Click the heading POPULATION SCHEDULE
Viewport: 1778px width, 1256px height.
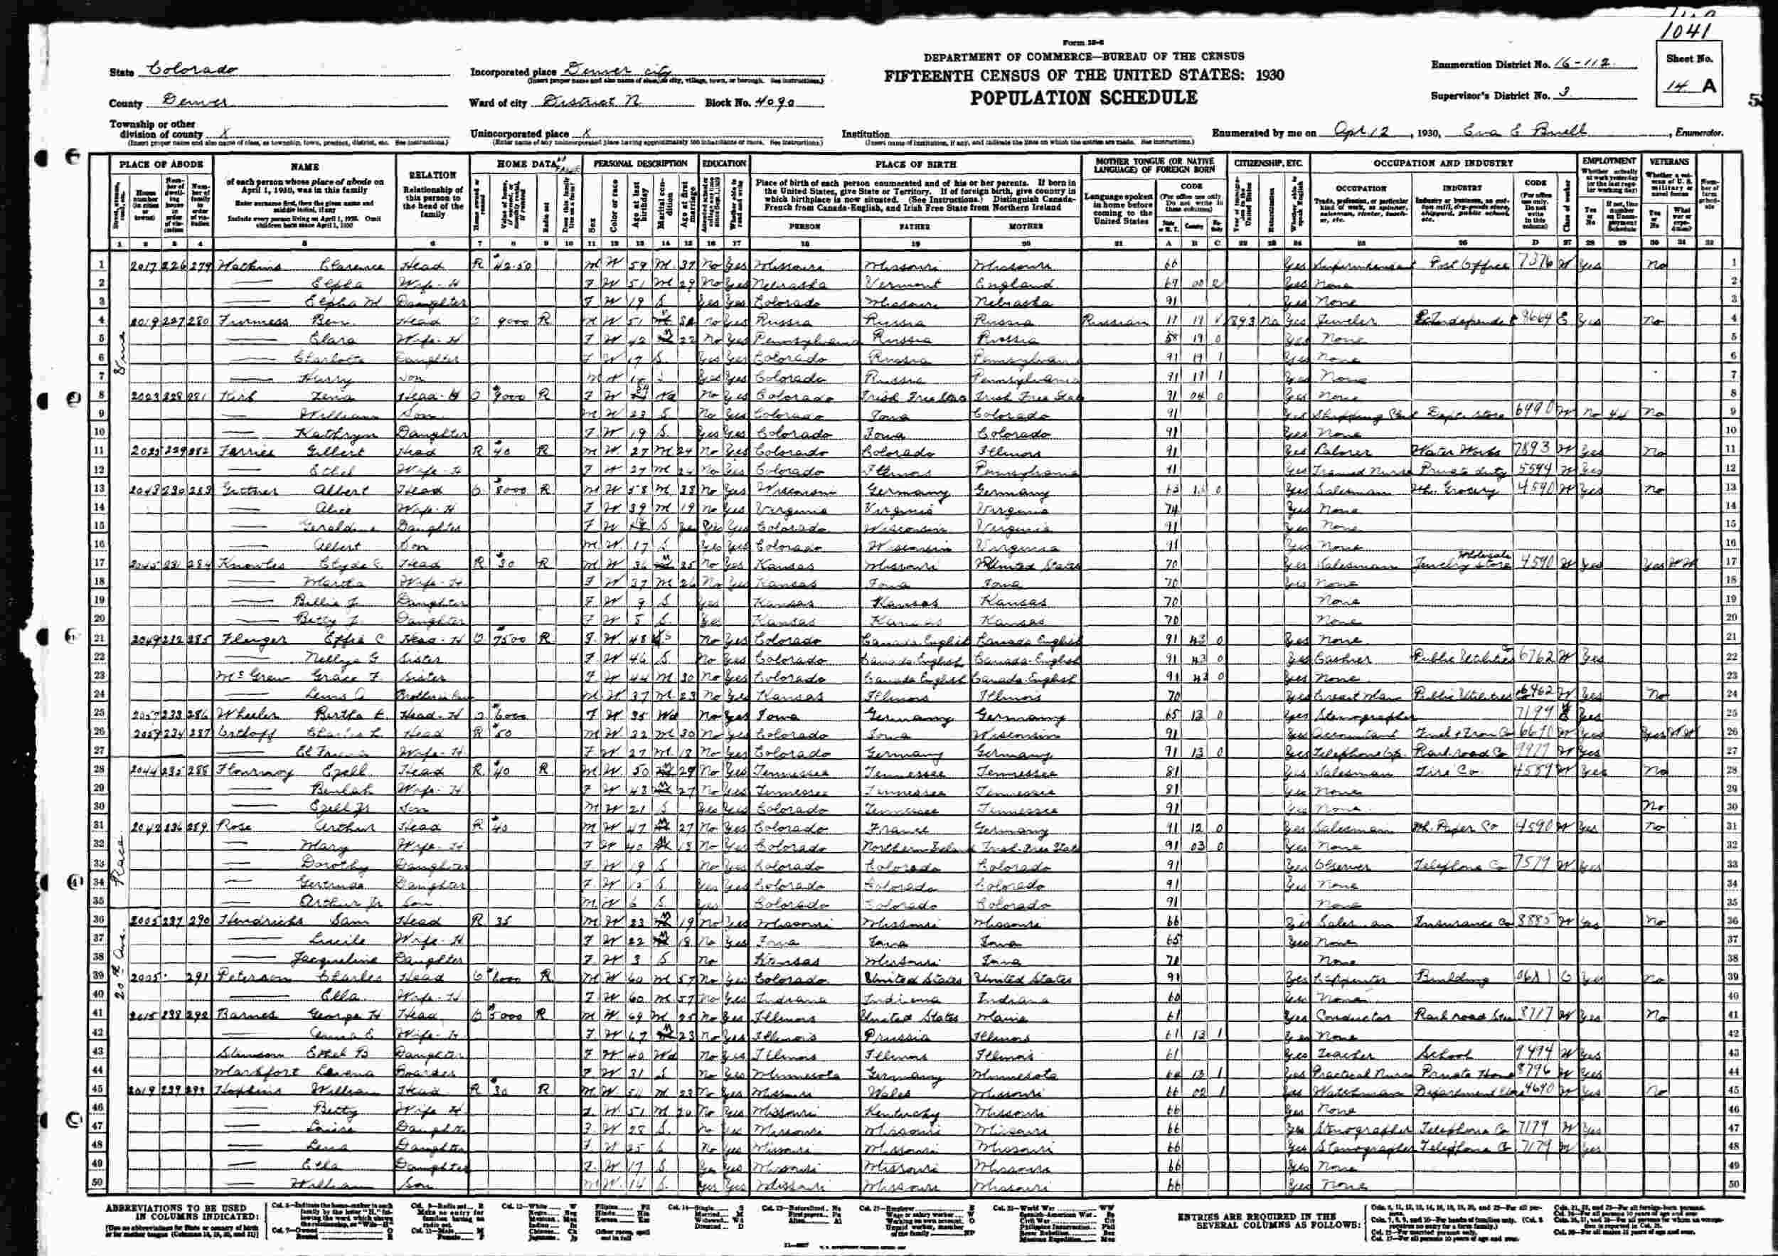pyautogui.click(x=1083, y=97)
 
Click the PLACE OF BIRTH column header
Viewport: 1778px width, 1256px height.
pyautogui.click(x=915, y=164)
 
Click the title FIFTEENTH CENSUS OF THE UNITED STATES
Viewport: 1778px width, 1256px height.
pyautogui.click(x=1084, y=76)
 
